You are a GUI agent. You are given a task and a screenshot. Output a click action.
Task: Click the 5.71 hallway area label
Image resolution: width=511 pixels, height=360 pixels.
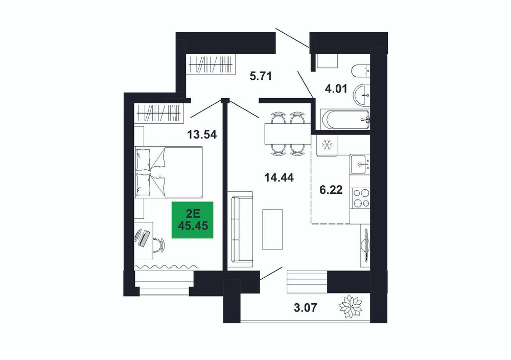261,76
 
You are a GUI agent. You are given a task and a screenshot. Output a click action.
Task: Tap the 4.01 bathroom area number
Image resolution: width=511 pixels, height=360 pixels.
336,88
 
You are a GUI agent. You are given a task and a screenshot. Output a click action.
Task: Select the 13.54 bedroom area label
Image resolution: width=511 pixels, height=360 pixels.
202,134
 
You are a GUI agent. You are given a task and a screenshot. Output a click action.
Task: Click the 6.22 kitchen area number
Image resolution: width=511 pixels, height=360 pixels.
331,190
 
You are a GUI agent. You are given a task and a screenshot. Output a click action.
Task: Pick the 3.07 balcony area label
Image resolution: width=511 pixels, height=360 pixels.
305,307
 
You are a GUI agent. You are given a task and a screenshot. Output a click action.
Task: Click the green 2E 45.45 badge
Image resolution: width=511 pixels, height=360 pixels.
193,220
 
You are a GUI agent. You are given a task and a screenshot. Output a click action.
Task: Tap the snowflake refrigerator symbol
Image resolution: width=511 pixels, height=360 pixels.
326,145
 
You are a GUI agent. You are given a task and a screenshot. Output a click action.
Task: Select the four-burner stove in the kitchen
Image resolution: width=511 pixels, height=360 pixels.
360,198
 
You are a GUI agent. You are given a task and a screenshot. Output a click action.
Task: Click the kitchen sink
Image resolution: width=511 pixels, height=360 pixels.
360,164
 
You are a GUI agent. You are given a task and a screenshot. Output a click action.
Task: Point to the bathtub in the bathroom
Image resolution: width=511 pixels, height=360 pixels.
345,120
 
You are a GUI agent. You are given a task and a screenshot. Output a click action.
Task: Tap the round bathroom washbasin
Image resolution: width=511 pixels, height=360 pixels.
362,95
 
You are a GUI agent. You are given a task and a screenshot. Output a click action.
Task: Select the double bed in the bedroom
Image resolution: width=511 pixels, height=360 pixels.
169,172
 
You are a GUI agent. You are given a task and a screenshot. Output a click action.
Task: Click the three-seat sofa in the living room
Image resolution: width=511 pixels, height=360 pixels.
240,227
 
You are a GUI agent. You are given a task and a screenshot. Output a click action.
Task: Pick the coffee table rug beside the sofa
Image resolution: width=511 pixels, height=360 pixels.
272,229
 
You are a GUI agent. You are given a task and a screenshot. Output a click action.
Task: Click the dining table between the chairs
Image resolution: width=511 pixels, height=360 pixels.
288,133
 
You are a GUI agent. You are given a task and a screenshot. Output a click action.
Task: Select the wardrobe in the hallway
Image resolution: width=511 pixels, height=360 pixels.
211,64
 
